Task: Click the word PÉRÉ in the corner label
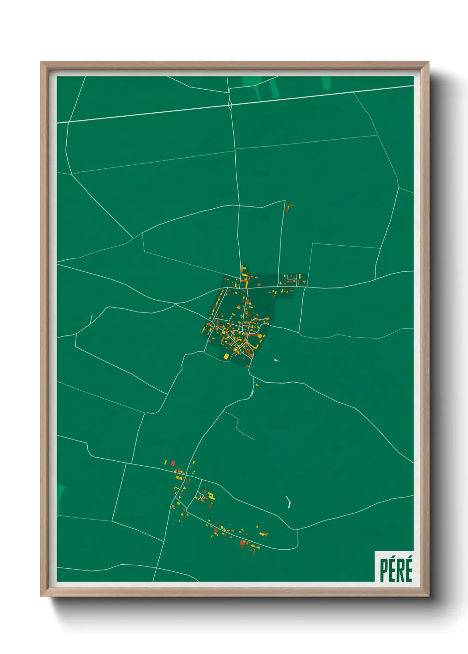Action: pos(396,570)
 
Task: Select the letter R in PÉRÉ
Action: pos(400,570)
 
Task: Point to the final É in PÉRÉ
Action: pos(409,570)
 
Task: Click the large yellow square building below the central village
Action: pos(226,356)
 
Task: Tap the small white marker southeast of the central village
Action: pos(276,361)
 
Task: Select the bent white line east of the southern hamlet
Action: pos(289,502)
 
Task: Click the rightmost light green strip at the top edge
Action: pos(326,83)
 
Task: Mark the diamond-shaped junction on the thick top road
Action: pos(230,104)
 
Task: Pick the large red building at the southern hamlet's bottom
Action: pos(242,543)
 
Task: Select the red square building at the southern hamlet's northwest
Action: pos(173,464)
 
